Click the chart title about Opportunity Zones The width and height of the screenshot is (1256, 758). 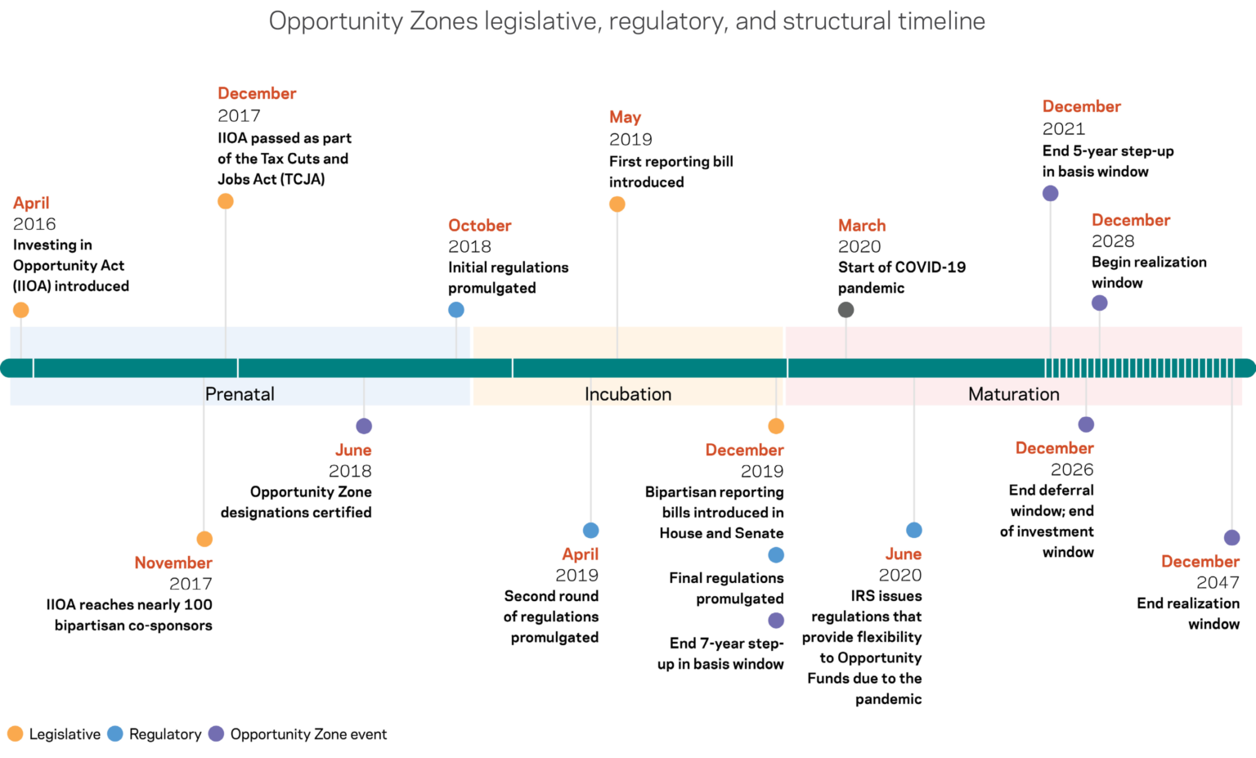[x=627, y=21]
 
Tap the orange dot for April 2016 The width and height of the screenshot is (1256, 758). [x=21, y=310]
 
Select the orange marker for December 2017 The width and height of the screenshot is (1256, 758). [x=226, y=201]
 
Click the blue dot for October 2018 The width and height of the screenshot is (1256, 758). [x=456, y=310]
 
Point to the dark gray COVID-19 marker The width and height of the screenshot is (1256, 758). [x=846, y=310]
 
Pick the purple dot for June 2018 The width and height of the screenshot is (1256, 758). [x=364, y=426]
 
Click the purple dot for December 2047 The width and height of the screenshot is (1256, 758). [x=1231, y=537]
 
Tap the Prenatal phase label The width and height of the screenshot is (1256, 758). [x=240, y=394]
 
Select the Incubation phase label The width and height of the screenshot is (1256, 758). [x=628, y=394]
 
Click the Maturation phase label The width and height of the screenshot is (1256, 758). [x=1013, y=394]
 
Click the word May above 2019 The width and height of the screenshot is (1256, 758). [x=625, y=117]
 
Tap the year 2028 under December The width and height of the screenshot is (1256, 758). [x=1113, y=241]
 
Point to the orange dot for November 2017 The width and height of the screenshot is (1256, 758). [x=204, y=539]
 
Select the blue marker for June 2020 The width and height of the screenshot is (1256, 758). [x=914, y=530]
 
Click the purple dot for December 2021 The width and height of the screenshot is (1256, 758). [x=1051, y=193]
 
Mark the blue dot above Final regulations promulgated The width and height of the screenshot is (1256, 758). [x=776, y=555]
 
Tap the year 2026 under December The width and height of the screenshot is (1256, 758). [x=1072, y=469]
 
